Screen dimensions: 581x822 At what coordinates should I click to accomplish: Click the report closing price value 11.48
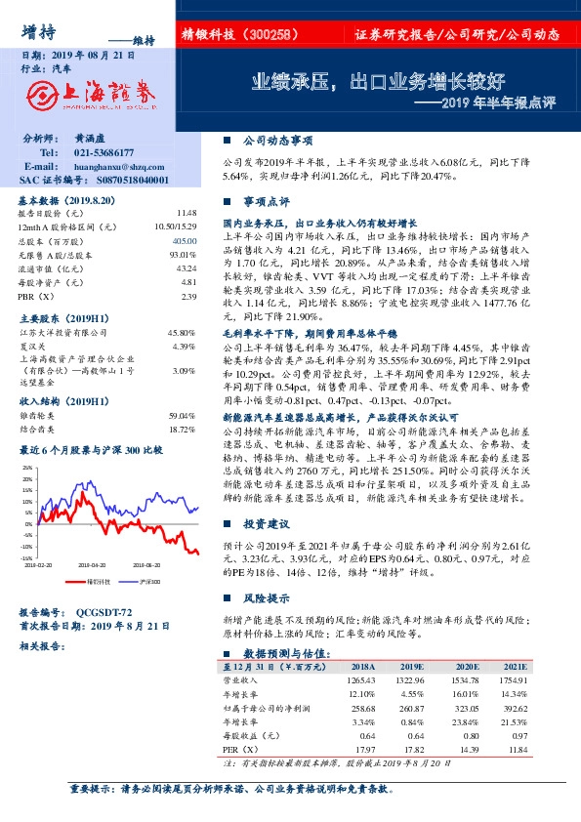[187, 212]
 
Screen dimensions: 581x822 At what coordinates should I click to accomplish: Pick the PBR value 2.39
[189, 296]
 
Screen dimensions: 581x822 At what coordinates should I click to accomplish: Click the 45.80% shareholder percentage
[183, 334]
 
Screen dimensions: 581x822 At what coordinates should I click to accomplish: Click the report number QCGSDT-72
[104, 612]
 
